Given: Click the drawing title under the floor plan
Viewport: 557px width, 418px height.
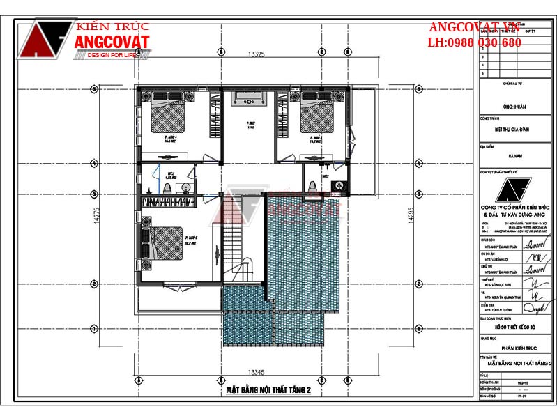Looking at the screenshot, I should [268, 391].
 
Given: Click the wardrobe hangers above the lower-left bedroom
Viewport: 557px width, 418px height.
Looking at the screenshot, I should [168, 203].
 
